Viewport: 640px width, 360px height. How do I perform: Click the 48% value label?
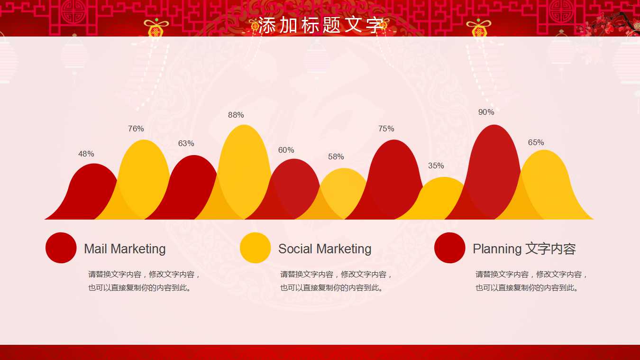[x=86, y=154]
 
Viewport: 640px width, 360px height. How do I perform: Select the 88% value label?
[x=236, y=115]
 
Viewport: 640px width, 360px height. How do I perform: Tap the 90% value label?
[x=486, y=112]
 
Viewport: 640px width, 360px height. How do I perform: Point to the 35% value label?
[x=436, y=166]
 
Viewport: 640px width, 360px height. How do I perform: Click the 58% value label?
[x=336, y=157]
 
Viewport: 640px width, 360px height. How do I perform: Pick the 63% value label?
[x=186, y=143]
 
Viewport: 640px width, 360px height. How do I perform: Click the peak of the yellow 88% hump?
[x=244, y=126]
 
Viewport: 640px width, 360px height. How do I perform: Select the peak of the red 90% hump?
[x=494, y=126]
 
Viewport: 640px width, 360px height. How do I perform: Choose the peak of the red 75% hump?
[x=394, y=141]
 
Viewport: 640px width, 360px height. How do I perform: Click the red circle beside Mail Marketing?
[x=61, y=248]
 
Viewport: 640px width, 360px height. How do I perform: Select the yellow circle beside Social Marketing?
[x=256, y=248]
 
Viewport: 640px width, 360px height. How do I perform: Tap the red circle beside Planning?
[x=450, y=248]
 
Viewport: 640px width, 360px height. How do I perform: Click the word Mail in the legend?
[x=96, y=249]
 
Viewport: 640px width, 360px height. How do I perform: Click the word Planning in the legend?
[x=497, y=249]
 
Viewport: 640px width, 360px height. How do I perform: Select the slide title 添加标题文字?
[x=320, y=25]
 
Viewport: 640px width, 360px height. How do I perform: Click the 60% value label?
[x=286, y=150]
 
